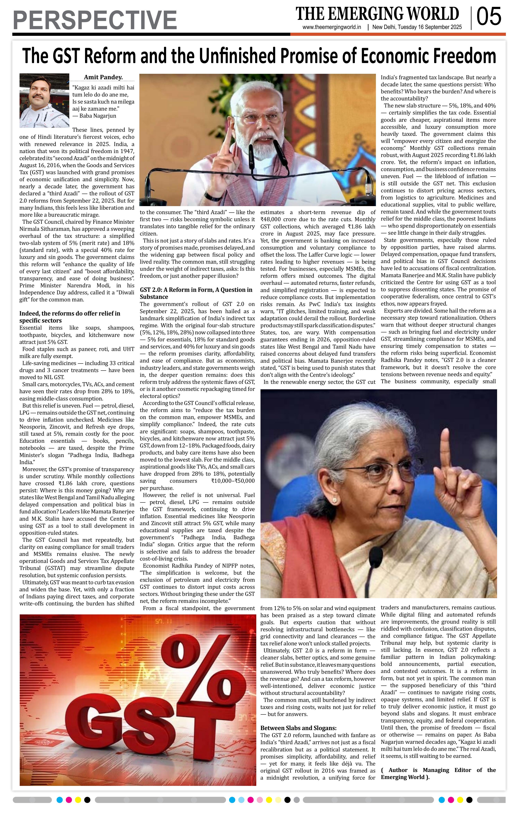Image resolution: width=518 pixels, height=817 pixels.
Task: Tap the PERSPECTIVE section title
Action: tap(95, 20)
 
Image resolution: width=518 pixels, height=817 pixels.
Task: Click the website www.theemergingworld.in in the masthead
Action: tap(332, 27)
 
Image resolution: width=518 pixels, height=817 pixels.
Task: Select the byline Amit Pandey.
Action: tap(103, 77)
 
